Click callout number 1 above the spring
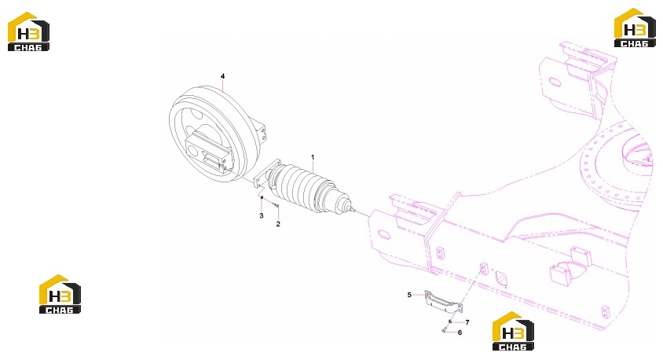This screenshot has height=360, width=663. tap(313, 157)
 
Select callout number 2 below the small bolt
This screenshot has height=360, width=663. tap(278, 224)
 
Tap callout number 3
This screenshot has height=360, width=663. tap(262, 215)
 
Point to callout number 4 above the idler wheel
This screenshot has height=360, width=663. tap(222, 76)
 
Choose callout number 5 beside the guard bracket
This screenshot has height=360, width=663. tap(409, 295)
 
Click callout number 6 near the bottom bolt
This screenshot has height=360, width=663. tap(460, 332)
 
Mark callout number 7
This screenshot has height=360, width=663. tap(467, 322)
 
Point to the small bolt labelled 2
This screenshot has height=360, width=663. tap(277, 205)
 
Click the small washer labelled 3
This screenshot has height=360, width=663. tap(262, 197)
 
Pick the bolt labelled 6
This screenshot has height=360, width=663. tap(445, 330)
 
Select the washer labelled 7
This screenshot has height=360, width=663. tap(450, 322)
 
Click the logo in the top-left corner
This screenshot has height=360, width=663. tap(28, 31)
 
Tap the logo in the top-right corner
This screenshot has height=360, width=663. tap(635, 28)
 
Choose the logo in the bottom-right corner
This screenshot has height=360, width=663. tap(513, 331)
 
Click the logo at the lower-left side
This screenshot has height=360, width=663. tap(60, 294)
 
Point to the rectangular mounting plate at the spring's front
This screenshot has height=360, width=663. tap(266, 174)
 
